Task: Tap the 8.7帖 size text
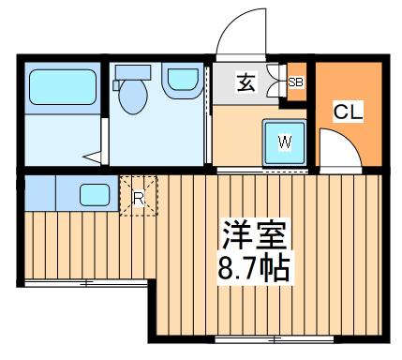252,267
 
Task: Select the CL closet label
349,112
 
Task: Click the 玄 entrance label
245,83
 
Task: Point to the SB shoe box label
296,82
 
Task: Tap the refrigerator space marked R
138,196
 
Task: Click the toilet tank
131,72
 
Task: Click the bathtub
63,86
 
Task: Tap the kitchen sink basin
94,195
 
